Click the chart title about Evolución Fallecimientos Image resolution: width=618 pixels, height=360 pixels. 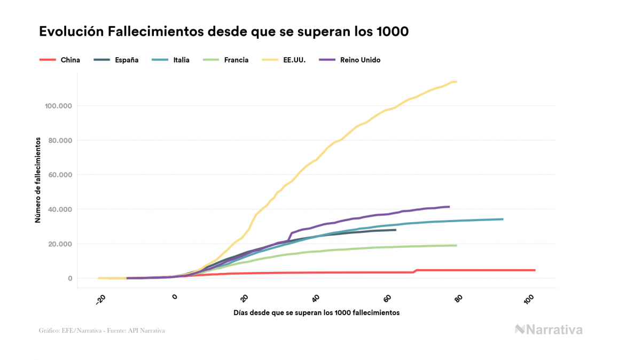point(224,32)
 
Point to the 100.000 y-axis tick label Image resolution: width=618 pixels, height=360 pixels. point(57,106)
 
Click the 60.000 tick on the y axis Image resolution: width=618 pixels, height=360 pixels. point(59,175)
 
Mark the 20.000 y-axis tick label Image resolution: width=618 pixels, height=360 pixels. point(59,244)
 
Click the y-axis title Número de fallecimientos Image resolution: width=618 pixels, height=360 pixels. point(38,179)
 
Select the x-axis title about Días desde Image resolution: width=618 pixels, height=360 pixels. point(316,312)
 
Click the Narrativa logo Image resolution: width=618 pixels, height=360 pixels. point(549,330)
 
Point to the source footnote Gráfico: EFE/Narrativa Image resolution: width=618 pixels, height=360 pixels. point(101,331)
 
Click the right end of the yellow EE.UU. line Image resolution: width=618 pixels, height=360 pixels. point(456,82)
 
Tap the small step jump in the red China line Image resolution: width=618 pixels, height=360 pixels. point(415,271)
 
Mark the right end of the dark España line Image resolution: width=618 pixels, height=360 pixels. point(395,230)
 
